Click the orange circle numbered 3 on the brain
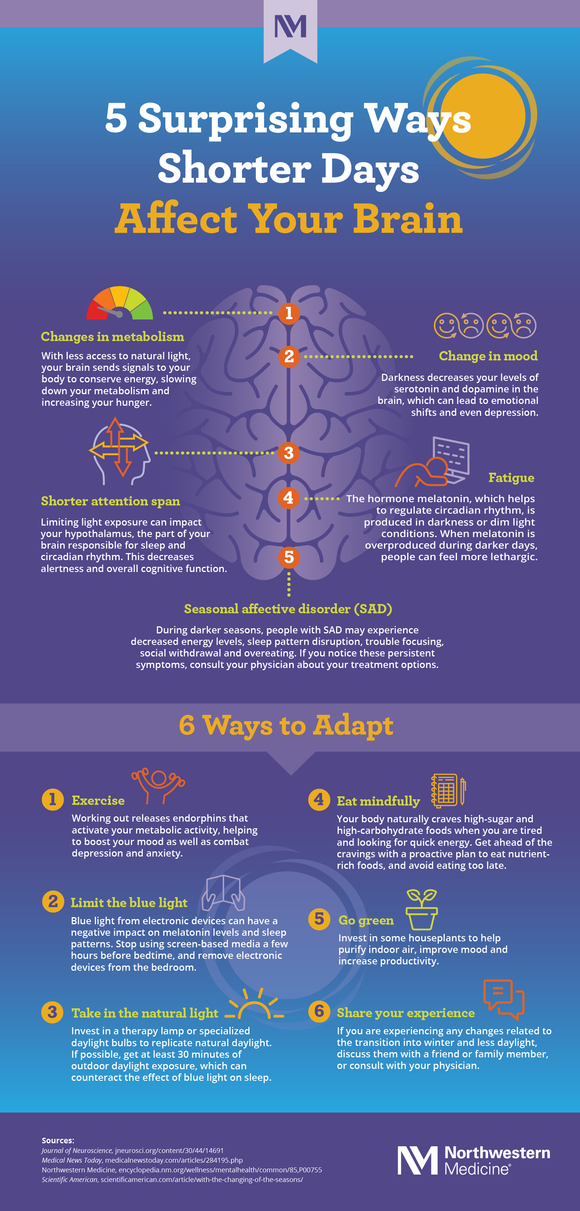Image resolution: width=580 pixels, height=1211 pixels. click(289, 453)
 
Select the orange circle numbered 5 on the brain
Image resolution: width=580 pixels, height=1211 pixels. click(289, 557)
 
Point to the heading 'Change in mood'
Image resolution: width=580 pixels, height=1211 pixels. click(488, 356)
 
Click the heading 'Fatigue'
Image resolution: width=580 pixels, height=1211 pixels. click(511, 478)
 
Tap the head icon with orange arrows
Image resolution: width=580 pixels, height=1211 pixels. click(119, 450)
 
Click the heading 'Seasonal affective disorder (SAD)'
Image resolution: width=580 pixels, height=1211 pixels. click(288, 609)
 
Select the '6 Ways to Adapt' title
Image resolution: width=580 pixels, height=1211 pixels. click(286, 725)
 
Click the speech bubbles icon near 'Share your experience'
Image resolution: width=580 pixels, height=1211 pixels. click(503, 999)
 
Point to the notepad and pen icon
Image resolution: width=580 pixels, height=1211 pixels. click(448, 790)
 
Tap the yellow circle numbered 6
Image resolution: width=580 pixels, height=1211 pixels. click(319, 1011)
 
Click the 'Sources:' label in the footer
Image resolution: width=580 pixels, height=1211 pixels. click(58, 1140)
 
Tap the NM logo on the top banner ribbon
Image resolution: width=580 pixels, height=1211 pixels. click(290, 26)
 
